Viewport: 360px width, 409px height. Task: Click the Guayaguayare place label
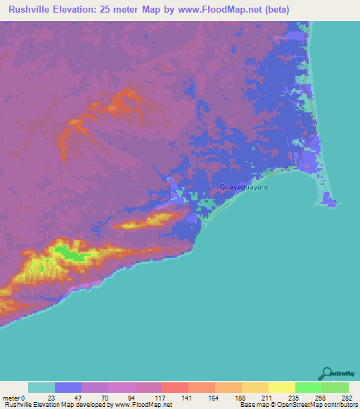244,188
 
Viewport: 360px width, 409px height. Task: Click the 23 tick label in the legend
51,398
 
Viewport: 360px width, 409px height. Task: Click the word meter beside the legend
12,398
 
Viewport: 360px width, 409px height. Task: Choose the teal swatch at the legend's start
41,387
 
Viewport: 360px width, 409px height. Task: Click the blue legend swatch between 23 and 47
67,387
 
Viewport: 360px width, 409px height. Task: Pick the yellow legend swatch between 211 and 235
281,387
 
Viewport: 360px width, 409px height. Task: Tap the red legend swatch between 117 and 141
174,387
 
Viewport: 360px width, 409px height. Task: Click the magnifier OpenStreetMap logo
327,373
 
